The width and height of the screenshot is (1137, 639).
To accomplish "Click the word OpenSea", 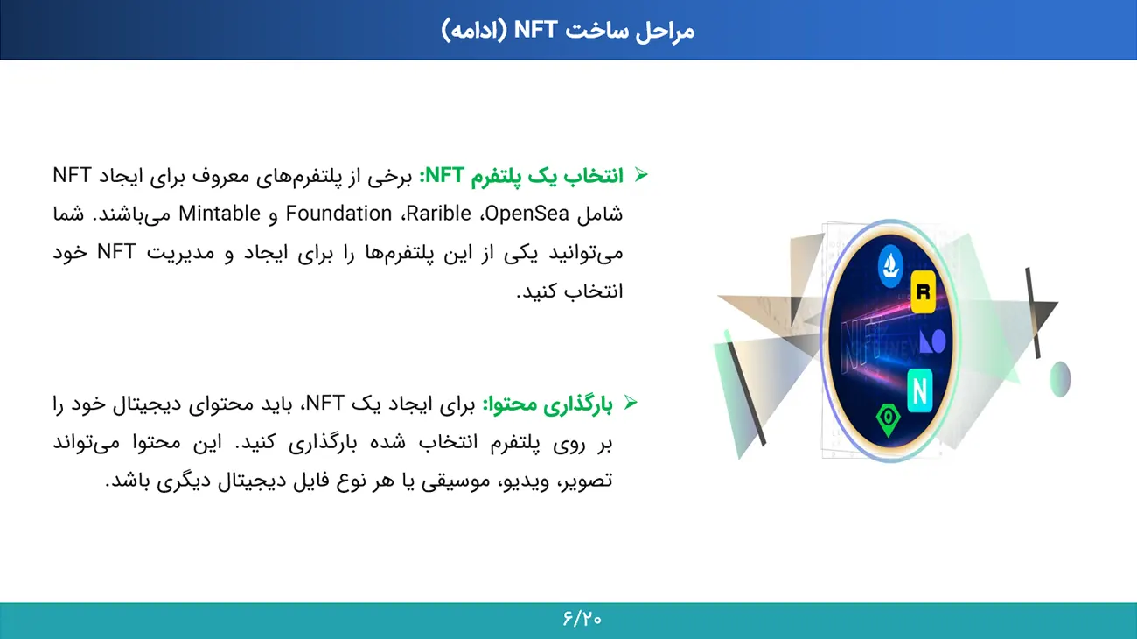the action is coord(527,214).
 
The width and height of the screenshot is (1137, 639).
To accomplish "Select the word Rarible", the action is coord(439,214).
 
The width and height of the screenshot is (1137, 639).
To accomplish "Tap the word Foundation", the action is coord(338,214).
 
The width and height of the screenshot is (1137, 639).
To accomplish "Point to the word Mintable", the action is coord(220,214).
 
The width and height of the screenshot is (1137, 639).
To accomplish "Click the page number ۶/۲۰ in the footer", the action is coord(582,619).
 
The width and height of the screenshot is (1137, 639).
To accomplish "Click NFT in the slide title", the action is coord(535,30).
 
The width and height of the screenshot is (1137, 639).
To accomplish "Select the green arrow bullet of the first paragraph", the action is coord(642,175).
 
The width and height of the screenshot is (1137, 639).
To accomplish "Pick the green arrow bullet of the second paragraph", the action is coord(631,403).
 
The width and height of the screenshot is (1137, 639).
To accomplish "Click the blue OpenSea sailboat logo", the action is coord(890,265).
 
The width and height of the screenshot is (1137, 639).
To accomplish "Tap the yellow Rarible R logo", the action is coord(924,292).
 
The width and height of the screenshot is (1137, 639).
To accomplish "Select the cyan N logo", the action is coord(920,390).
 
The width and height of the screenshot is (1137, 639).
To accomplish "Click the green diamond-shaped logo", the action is coord(888,418).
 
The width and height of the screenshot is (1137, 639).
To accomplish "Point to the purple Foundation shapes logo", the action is coord(932,341).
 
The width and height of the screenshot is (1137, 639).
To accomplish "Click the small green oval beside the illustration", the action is coord(1060,379).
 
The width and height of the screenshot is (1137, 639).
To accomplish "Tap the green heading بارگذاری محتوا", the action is coord(548,404).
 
